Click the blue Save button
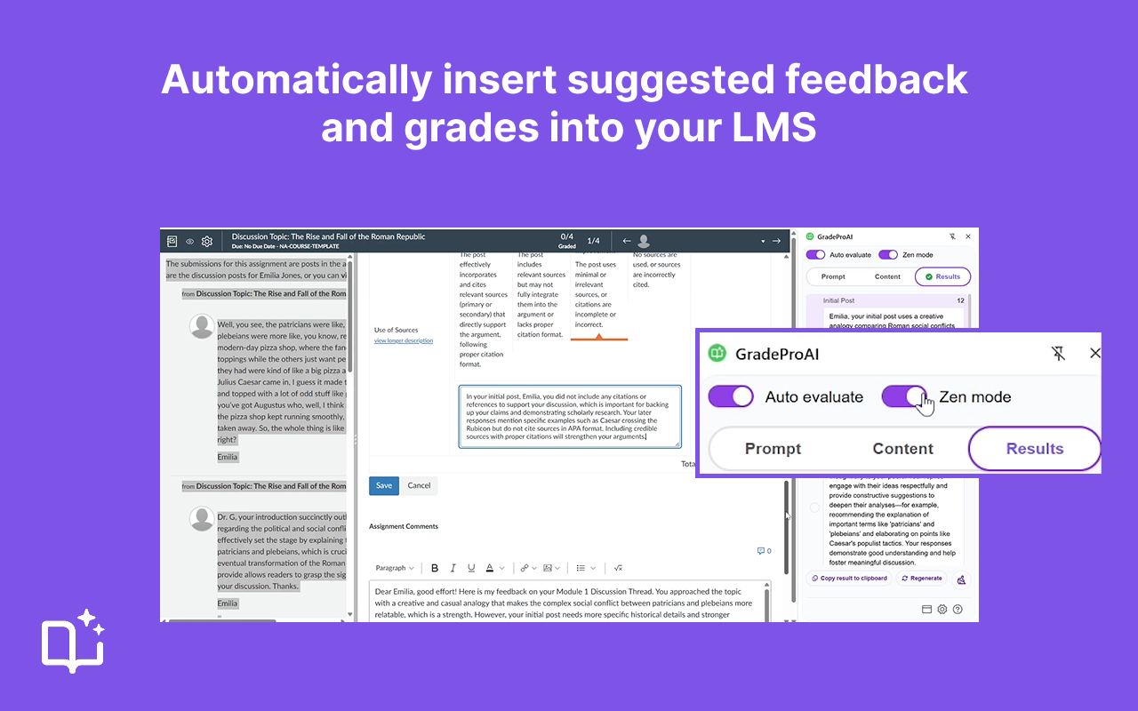tap(384, 485)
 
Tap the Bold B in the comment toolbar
tap(435, 568)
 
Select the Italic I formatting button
tap(453, 568)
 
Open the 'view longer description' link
tap(403, 340)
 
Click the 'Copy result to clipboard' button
tap(848, 579)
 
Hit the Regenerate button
tap(921, 579)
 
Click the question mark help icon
tap(958, 610)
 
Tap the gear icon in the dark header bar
tap(207, 241)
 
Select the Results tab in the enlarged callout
tap(1034, 449)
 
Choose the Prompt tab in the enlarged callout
tap(773, 449)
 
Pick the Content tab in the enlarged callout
tap(902, 449)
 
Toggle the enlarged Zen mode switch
tap(904, 396)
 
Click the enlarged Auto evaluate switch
tap(731, 396)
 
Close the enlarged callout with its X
tap(1094, 353)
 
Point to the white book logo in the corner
tap(74, 642)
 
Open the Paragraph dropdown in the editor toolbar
tap(395, 568)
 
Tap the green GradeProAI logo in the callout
tap(717, 354)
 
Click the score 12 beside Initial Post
tap(960, 301)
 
